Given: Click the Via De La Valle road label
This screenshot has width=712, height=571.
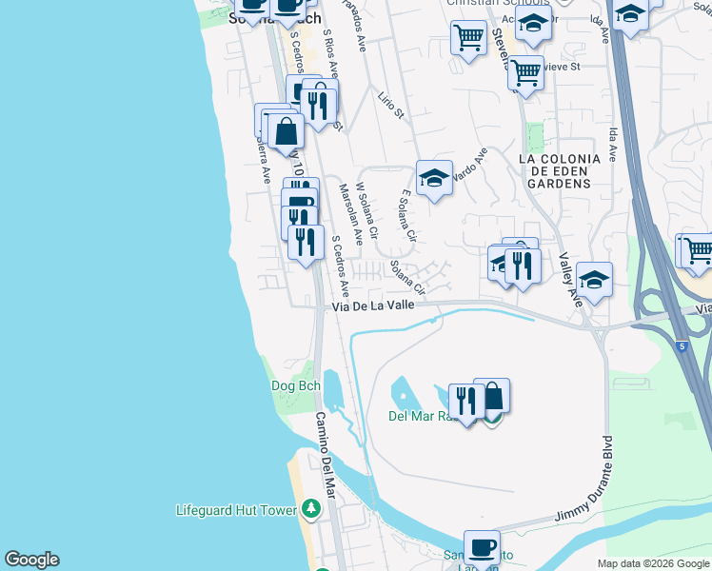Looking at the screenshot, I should (373, 305).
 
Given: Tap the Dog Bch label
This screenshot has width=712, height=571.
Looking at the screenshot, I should (295, 385).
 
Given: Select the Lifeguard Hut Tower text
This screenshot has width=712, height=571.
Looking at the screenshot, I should (236, 510).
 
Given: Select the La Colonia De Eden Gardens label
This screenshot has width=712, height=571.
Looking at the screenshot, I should (559, 170).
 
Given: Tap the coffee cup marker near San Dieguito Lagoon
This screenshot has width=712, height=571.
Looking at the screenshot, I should (482, 547).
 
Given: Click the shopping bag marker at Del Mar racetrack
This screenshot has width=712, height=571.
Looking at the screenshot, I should (492, 395).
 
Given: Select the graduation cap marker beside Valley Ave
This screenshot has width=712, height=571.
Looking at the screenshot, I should (594, 279).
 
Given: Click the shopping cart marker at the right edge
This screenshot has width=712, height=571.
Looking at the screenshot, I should (698, 249).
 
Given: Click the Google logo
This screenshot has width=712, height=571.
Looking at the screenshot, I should (31, 560).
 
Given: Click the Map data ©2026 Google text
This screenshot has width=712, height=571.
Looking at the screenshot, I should (652, 563).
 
